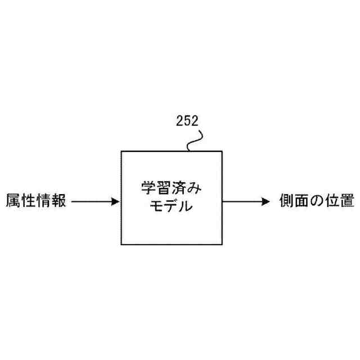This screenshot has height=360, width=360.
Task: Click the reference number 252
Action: point(187,120)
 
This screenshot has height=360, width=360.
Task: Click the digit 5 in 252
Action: point(187,120)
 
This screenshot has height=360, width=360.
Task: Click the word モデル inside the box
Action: point(172,207)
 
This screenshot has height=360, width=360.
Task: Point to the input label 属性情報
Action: point(36,201)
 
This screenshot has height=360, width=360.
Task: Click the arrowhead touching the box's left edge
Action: point(116,201)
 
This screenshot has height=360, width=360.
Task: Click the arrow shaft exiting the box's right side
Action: point(242,201)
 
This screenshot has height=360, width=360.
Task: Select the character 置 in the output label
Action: point(346,201)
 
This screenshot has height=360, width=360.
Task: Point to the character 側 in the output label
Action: point(287,201)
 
